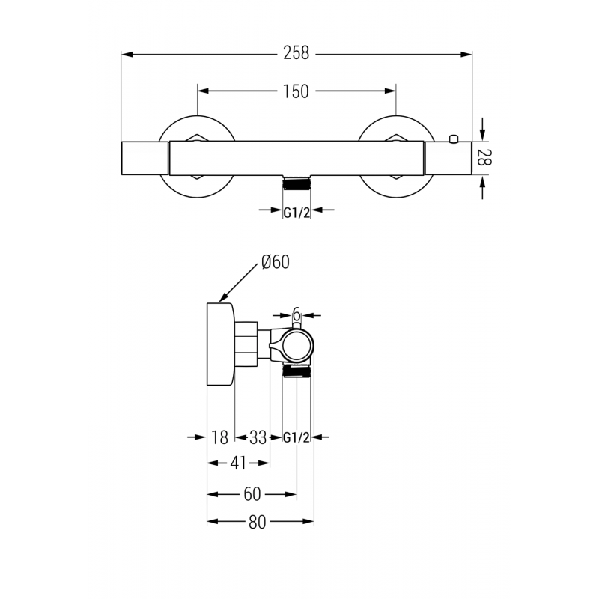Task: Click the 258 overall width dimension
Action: pyautogui.click(x=296, y=54)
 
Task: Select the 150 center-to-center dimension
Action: pyautogui.click(x=296, y=91)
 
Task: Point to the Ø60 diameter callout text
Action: pyautogui.click(x=275, y=261)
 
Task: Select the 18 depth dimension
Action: pyautogui.click(x=219, y=438)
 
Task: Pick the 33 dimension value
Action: pyautogui.click(x=258, y=438)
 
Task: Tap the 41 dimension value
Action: pyautogui.click(x=238, y=463)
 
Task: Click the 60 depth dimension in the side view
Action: pyautogui.click(x=252, y=494)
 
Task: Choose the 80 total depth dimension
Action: pyautogui.click(x=257, y=523)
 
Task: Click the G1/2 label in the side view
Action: pyautogui.click(x=297, y=438)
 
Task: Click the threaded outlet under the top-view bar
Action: pyautogui.click(x=297, y=182)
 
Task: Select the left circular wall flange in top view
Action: pyautogui.click(x=197, y=157)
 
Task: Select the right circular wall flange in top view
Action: pyautogui.click(x=395, y=157)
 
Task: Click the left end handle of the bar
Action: pyautogui.click(x=144, y=157)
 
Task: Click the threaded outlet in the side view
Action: pyautogui.click(x=297, y=371)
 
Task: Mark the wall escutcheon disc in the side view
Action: pyautogui.click(x=220, y=344)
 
